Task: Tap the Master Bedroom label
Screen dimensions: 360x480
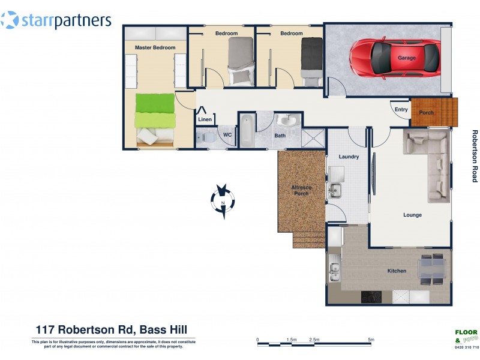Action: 155,47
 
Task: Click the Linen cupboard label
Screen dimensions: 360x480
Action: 205,120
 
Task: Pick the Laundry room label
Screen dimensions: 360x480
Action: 349,157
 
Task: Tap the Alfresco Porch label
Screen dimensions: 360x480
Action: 300,191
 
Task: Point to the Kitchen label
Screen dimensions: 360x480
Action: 397,271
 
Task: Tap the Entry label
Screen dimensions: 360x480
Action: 401,109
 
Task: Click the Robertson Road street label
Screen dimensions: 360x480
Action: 474,156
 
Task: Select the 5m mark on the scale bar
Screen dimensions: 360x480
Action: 371,340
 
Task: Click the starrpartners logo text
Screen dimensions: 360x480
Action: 66,22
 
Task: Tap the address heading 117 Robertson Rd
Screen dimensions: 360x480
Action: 111,329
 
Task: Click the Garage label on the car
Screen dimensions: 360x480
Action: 406,58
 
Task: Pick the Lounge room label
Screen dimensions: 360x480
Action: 412,215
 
